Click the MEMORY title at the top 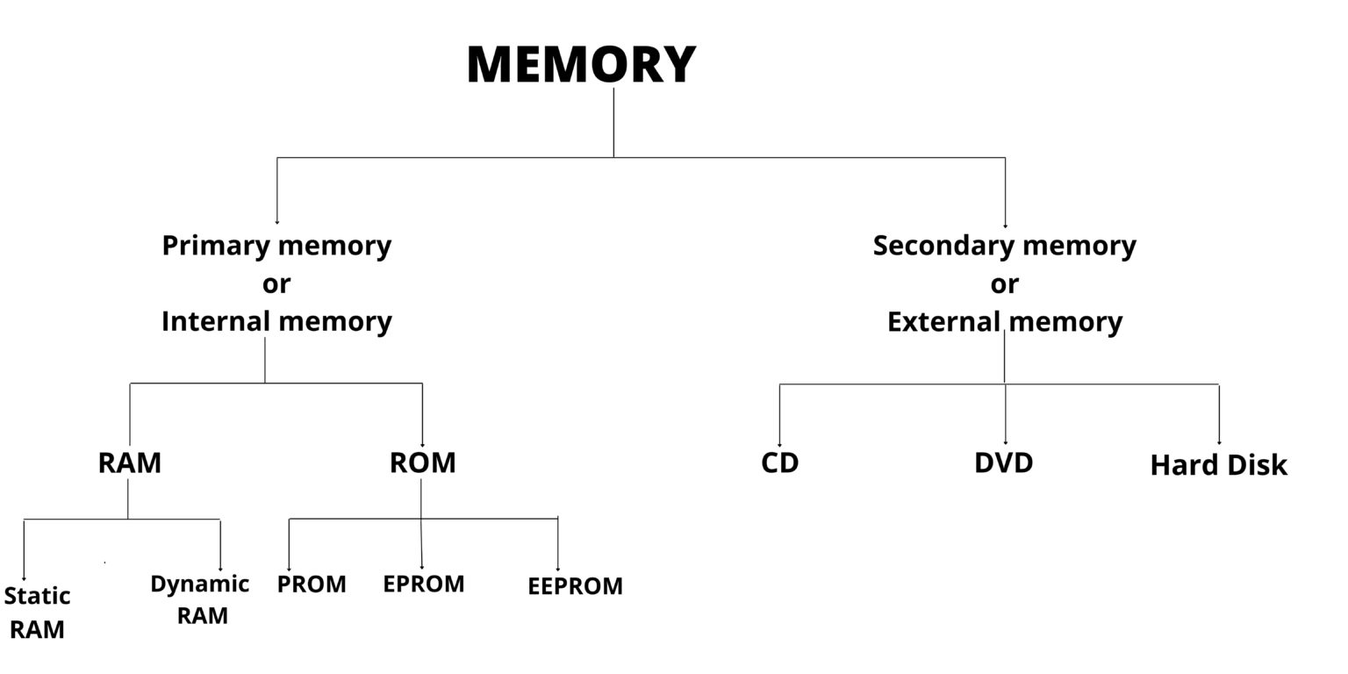click(581, 65)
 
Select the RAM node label click(130, 462)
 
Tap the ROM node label click(422, 462)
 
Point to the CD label click(779, 462)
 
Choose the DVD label click(1003, 462)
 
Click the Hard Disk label click(1218, 465)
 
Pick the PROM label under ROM click(312, 584)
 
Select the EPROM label click(423, 584)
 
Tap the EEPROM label click(575, 586)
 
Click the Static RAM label click(37, 613)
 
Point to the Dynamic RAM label click(200, 599)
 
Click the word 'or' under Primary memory click(276, 284)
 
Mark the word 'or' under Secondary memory click(1004, 284)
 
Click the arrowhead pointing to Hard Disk click(1218, 442)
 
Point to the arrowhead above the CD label click(779, 444)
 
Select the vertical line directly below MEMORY click(613, 123)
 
